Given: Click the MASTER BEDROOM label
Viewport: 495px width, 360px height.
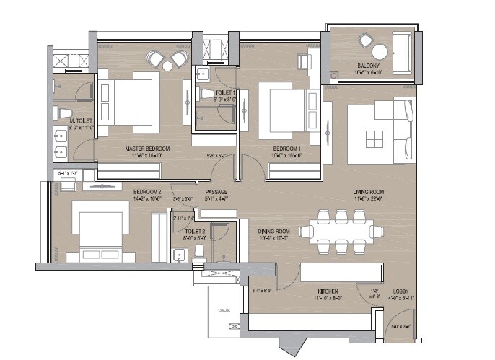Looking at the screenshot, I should click(x=141, y=149).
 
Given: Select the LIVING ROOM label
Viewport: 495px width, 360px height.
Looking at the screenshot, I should click(x=367, y=191).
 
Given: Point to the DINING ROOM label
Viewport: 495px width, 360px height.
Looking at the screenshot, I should click(x=273, y=231).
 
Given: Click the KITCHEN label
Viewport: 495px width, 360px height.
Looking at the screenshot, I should click(x=328, y=291).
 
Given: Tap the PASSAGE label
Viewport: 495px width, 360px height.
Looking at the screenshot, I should click(x=216, y=192).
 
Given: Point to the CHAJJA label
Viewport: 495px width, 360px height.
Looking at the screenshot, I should click(x=224, y=312).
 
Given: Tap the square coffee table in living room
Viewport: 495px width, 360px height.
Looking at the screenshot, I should click(x=375, y=137).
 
